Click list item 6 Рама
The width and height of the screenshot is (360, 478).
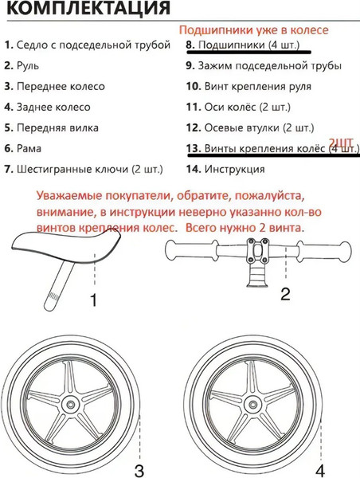[x=28, y=148]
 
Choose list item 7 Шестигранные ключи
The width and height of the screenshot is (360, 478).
[x=83, y=169]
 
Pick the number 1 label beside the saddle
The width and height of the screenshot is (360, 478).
[x=93, y=301]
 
